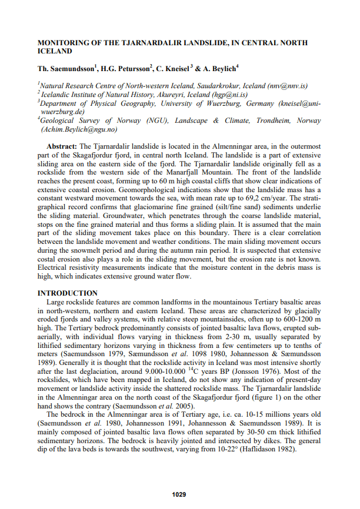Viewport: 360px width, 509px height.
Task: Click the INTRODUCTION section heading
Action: [68, 293]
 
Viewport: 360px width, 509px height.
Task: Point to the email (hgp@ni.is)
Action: [229, 93]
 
